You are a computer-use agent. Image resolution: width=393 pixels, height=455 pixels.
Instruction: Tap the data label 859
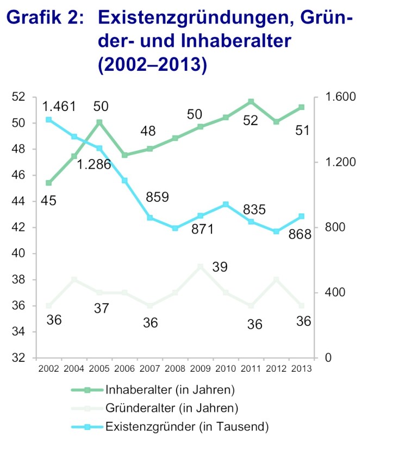point(158,197)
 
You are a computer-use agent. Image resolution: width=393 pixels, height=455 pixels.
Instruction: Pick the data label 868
point(299,235)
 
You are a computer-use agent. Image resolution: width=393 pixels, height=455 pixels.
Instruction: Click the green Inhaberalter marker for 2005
point(99,122)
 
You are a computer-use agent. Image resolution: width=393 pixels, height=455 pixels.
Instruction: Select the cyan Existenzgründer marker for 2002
point(49,120)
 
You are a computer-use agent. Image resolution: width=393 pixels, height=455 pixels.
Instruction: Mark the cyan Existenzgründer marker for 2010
point(226,204)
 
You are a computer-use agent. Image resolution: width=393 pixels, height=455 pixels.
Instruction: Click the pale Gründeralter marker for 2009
point(201,267)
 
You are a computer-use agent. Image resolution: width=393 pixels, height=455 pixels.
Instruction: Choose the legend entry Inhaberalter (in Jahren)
point(170,390)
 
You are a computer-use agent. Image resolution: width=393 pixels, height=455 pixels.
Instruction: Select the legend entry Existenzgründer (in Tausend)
point(187,426)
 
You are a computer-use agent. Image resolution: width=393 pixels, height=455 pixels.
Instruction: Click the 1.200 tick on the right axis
point(339,162)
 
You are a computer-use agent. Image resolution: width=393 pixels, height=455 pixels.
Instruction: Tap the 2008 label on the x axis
point(175,368)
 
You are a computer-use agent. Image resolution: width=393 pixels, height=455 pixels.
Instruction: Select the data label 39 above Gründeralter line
point(235,267)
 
